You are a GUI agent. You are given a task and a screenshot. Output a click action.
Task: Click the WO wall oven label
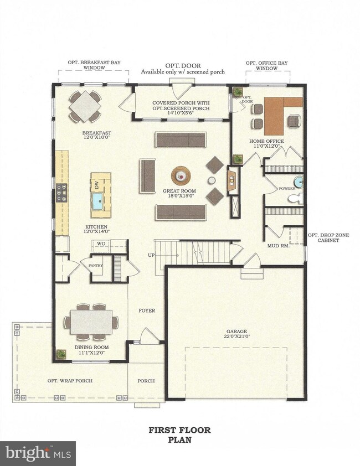point(101,244)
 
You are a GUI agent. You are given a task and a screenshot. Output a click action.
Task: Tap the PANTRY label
point(96,266)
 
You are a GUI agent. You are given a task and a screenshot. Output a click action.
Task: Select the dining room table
point(91,322)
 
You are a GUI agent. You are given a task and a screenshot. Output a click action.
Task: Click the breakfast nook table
point(85,106)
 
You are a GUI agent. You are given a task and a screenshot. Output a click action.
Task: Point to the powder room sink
point(299,182)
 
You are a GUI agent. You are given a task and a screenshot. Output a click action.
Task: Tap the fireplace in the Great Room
point(232,180)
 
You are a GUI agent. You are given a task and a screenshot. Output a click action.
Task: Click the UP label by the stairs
point(150,256)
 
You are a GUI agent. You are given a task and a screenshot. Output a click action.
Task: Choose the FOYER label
point(147,311)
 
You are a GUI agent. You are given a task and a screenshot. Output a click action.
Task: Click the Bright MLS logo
point(38,453)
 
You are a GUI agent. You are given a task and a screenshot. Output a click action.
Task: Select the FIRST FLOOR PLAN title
point(179,435)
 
